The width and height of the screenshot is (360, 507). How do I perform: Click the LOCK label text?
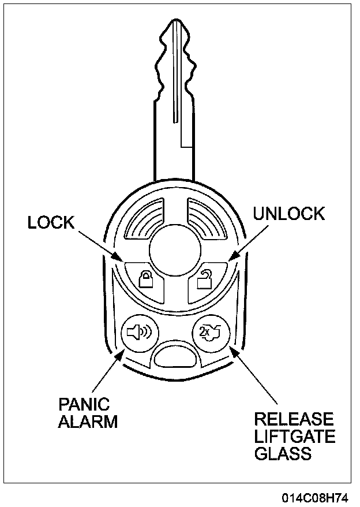[51, 223]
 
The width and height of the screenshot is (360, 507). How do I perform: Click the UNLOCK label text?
[289, 214]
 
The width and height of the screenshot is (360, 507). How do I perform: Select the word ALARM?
[87, 422]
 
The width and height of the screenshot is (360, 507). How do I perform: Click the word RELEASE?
[294, 419]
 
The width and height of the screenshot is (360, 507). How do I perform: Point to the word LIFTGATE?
[294, 436]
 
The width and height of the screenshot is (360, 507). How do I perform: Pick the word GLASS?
[283, 453]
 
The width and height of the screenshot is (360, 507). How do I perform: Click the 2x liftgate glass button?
[209, 333]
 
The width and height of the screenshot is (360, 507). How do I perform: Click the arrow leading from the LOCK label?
[98, 244]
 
